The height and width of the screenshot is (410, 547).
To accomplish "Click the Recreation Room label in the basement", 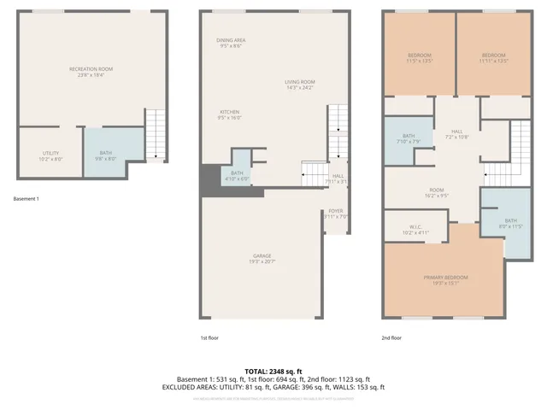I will [x=91, y=72].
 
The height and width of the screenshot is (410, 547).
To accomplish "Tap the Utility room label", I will [x=50, y=155].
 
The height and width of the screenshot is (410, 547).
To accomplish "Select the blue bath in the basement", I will [x=110, y=153].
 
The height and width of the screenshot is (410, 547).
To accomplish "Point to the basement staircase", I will [x=156, y=134].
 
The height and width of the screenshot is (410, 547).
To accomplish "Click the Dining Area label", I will [x=231, y=43].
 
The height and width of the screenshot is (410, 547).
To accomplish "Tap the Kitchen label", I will [x=229, y=115].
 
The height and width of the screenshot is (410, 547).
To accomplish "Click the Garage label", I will [x=262, y=258].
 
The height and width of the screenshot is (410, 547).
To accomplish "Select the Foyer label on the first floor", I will [x=335, y=214].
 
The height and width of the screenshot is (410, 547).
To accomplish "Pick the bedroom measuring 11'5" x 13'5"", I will [x=419, y=58].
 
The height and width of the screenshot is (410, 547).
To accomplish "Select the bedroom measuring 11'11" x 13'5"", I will [x=494, y=58].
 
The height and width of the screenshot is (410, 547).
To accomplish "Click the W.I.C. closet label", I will [x=405, y=231].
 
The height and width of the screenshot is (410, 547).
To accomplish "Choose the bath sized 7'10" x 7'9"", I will [x=408, y=138].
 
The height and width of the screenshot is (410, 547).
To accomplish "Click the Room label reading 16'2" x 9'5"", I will [x=437, y=192].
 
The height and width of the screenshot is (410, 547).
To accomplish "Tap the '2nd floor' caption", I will [x=392, y=338].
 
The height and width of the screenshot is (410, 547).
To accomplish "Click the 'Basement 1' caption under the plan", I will [x=26, y=199].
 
